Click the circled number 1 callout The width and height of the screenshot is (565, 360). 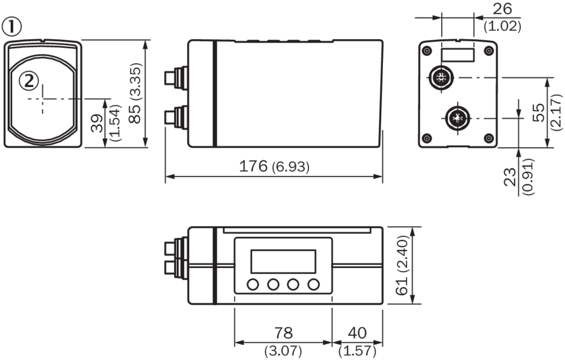click(12, 26)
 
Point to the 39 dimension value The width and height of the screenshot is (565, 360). click(95, 123)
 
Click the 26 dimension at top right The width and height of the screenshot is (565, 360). click(502, 9)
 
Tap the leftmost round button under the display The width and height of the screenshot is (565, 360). click(253, 284)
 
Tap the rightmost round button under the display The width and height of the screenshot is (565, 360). click(313, 284)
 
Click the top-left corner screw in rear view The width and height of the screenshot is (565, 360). click(427, 50)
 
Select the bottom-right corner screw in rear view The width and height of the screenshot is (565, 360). click(488, 139)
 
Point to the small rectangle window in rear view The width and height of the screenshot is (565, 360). click(458, 55)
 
